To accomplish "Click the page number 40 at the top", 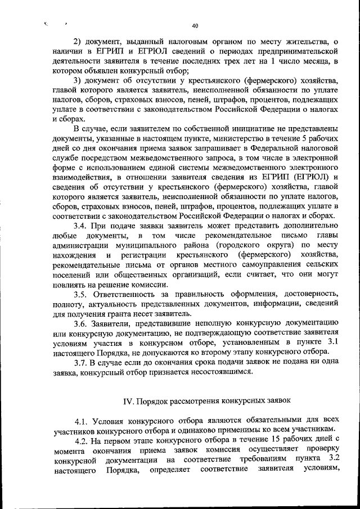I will pyautogui.click(x=195, y=26).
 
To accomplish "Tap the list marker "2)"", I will pyautogui.click(x=78, y=42).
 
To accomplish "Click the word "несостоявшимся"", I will pyautogui.click(x=225, y=372).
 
